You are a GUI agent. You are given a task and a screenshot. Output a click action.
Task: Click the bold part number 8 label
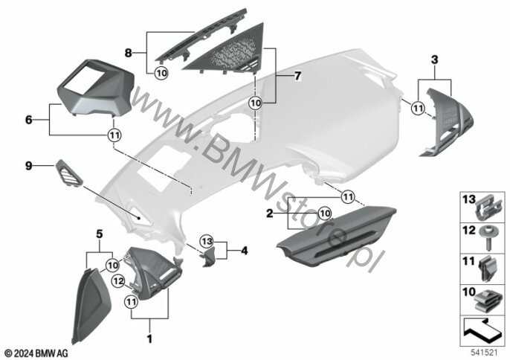pos(129,53)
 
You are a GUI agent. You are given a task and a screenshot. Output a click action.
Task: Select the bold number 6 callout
pos(29,120)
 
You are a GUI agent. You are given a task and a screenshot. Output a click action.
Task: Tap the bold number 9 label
pos(29,166)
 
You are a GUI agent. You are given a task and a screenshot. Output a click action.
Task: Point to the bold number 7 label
pos(297,77)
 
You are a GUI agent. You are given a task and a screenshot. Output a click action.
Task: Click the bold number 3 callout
pos(434,60)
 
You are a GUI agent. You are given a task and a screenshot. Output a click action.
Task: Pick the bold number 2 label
pos(270,214)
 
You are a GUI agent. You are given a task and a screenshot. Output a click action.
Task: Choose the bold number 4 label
pos(244,251)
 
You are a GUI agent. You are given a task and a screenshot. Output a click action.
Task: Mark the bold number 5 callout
pos(100,234)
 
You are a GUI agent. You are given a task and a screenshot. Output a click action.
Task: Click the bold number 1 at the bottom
pos(149,339)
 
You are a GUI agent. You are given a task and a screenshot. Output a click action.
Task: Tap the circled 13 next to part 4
pos(207,242)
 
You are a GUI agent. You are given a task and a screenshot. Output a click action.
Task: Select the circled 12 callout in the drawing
pos(118,281)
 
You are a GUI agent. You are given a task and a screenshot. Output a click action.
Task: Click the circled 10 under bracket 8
pos(161,73)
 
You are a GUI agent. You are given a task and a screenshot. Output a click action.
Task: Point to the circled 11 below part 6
pos(114,135)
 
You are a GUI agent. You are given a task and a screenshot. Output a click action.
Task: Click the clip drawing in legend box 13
pos(489,209)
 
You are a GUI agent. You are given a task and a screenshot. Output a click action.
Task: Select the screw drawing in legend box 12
pos(488,237)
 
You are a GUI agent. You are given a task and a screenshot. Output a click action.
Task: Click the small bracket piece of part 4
pos(210,257)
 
